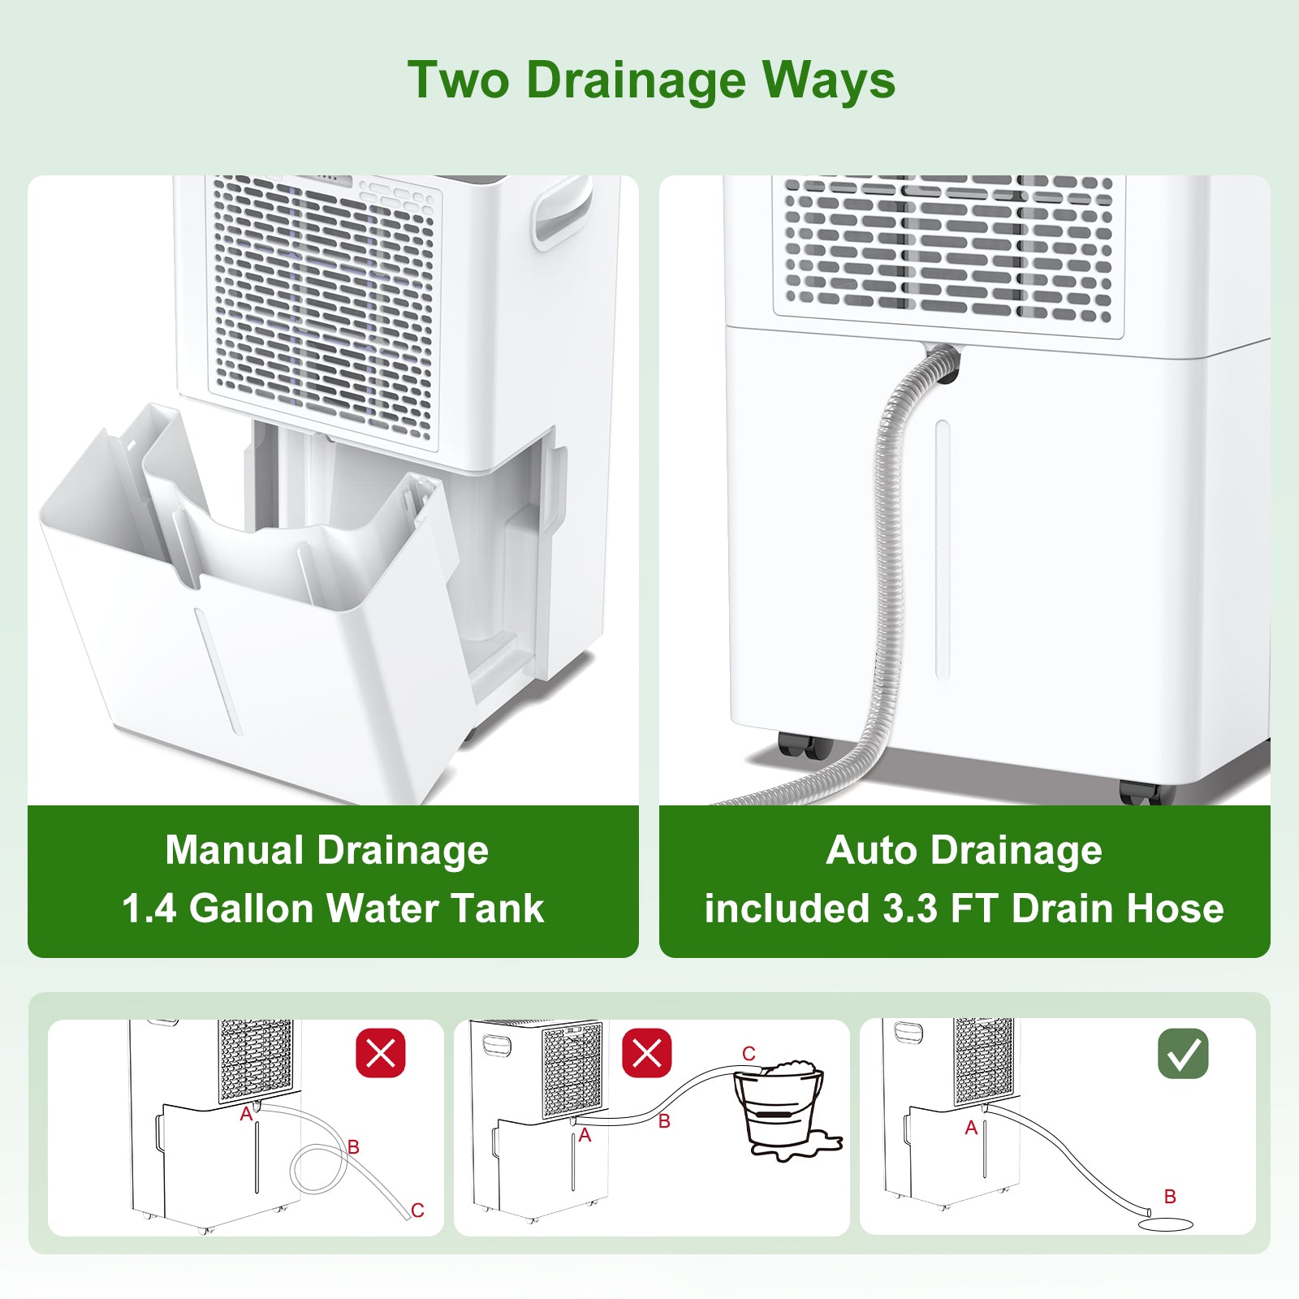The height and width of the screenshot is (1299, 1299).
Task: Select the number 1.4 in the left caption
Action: click(x=149, y=908)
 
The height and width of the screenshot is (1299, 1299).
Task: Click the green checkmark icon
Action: click(x=1183, y=1053)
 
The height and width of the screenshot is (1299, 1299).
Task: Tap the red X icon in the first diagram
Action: click(x=381, y=1053)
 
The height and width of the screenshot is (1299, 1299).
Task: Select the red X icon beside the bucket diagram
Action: click(x=646, y=1053)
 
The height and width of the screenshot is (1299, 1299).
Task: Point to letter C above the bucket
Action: click(x=749, y=1054)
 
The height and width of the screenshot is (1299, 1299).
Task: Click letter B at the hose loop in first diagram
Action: click(x=353, y=1146)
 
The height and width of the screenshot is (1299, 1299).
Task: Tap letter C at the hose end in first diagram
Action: click(x=417, y=1211)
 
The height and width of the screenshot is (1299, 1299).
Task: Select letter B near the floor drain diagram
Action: click(x=1170, y=1196)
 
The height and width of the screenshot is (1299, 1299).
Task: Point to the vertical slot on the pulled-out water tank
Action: click(x=218, y=671)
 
